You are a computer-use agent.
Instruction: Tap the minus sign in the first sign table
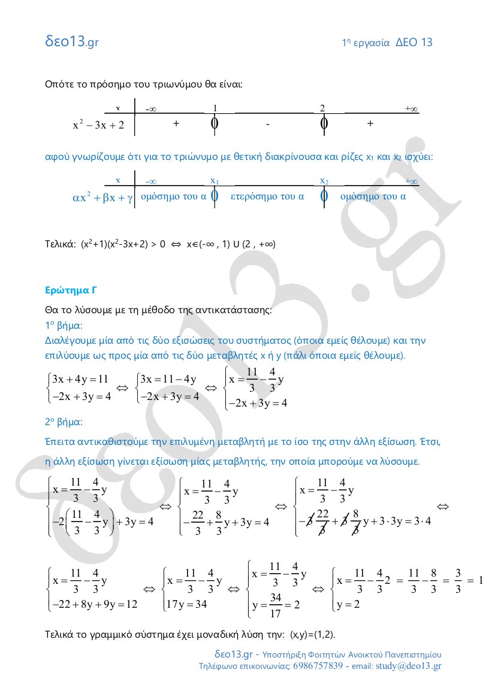pyautogui.click(x=268, y=124)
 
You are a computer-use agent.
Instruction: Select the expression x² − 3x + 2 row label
pyautogui.click(x=98, y=125)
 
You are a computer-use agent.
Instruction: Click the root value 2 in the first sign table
pyautogui.click(x=322, y=108)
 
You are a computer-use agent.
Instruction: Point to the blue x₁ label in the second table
pyautogui.click(x=215, y=180)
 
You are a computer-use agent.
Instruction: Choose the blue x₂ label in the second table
pyautogui.click(x=324, y=180)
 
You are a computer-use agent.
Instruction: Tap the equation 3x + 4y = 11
pyautogui.click(x=80, y=379)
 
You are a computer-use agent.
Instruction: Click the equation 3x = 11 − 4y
pyautogui.click(x=167, y=379)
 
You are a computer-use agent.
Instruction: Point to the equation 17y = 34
pyautogui.click(x=188, y=604)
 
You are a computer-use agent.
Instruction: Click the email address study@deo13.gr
pyautogui.click(x=408, y=666)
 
